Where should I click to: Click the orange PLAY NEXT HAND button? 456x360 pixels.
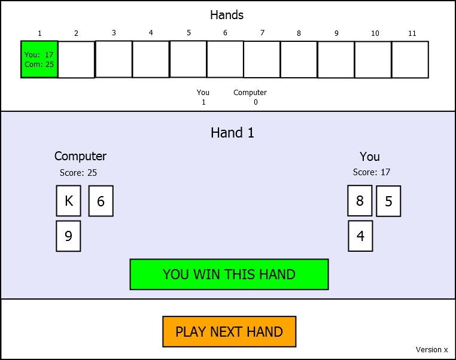229,332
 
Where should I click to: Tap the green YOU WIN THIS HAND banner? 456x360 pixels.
229,274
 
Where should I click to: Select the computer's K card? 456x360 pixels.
68,201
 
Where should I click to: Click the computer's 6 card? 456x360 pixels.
101,201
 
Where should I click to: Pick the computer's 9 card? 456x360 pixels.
68,236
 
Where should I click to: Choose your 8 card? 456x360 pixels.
360,201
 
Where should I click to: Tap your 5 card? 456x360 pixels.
388,202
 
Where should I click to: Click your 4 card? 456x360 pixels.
360,236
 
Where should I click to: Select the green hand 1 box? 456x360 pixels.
39,59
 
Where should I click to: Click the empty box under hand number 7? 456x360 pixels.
262,59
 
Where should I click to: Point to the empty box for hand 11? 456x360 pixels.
410,59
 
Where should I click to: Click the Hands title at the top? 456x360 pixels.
227,16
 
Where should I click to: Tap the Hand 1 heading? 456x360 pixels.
232,133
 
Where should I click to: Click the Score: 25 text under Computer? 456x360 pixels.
78,173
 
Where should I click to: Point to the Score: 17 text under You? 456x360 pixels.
372,172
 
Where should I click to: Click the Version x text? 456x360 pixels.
431,350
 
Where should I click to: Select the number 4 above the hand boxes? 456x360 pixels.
151,33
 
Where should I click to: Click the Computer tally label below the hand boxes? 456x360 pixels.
250,93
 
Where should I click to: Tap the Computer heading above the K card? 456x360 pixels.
80,156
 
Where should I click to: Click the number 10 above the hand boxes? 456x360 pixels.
375,33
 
